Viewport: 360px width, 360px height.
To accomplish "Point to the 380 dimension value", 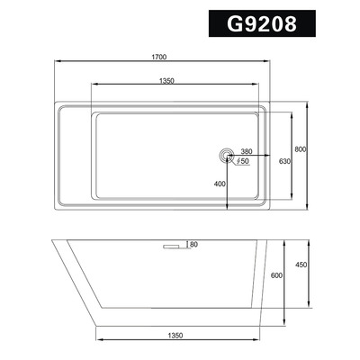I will tap(247, 151).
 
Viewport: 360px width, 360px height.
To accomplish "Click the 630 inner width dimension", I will tap(283, 160).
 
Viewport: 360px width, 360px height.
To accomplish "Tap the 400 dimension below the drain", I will tap(219, 183).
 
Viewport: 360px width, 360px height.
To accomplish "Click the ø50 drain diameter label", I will tap(243, 162).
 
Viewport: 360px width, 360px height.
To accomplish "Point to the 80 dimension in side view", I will tap(195, 244).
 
